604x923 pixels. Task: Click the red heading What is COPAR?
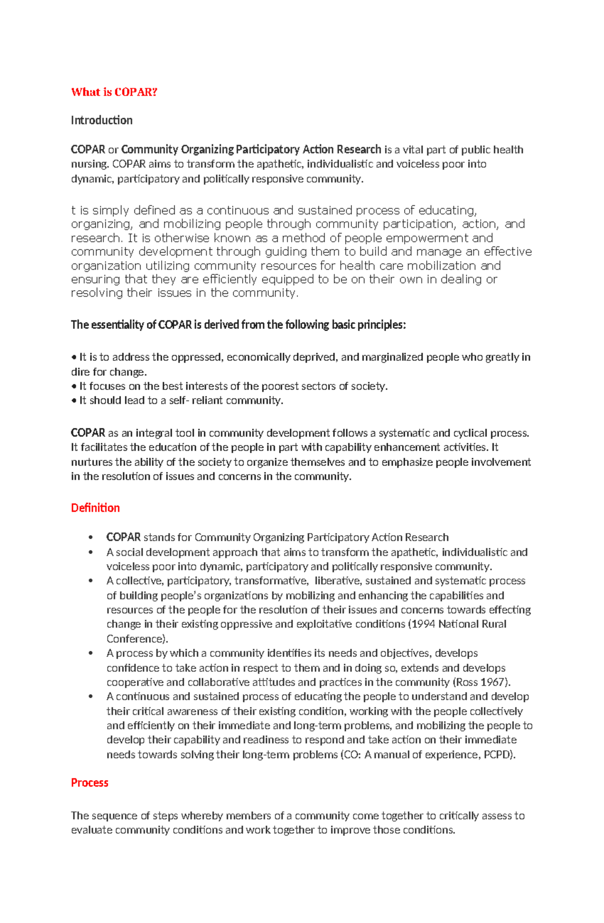(114, 92)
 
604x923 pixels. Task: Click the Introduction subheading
(102, 120)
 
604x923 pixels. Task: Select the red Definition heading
(95, 508)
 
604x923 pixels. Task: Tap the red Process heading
(90, 783)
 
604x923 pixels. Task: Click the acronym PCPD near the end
(498, 755)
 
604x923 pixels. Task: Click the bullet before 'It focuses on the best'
(73, 387)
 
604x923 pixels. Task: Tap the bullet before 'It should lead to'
(73, 401)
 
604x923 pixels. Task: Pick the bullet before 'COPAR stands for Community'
(91, 538)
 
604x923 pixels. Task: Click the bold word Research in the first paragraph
(358, 150)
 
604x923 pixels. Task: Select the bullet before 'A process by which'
(91, 653)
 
